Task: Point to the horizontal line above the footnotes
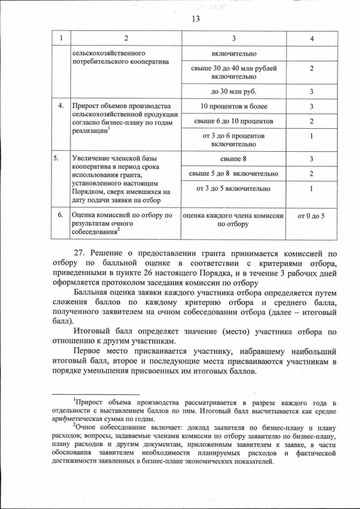[95, 394]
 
